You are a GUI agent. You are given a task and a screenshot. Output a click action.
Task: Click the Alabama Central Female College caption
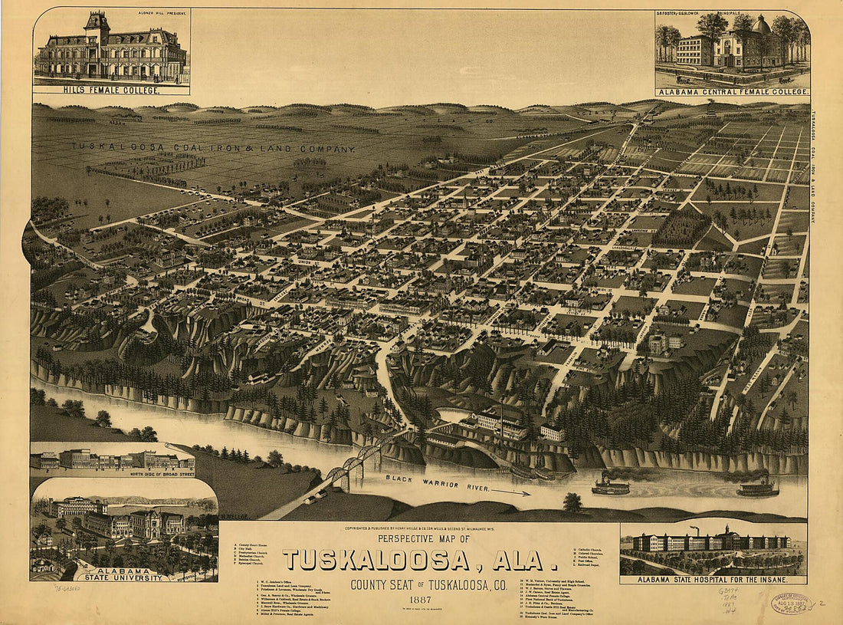point(732,91)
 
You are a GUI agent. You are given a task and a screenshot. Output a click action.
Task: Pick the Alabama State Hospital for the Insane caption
point(713,579)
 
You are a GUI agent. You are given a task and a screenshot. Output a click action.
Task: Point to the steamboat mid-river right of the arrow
point(610,485)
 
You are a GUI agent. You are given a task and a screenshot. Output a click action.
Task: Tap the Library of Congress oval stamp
point(792,603)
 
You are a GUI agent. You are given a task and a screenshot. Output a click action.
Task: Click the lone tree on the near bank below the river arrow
point(572,502)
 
